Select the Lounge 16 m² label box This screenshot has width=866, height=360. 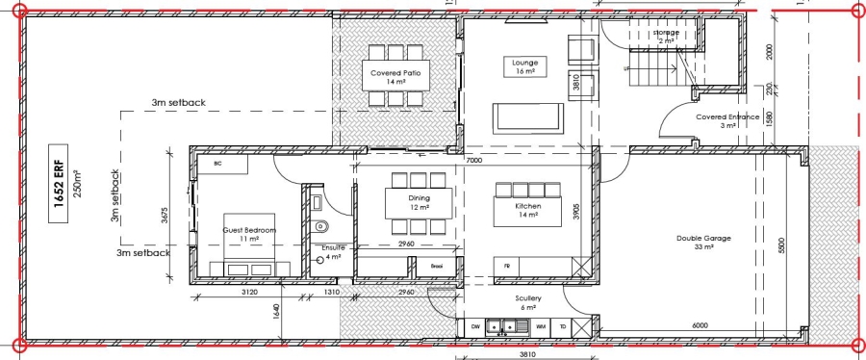click(x=524, y=66)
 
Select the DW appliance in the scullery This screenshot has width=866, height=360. click(x=475, y=327)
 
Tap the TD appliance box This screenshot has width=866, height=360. click(x=563, y=327)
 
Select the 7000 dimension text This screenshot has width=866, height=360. click(x=473, y=161)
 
